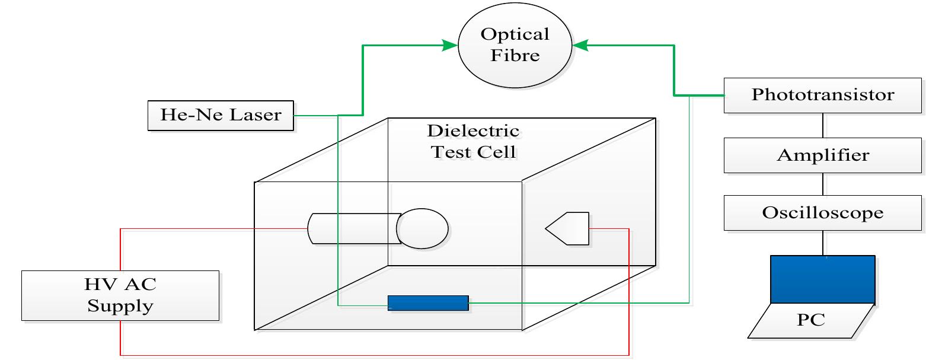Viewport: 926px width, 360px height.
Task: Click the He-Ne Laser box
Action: [x=221, y=115]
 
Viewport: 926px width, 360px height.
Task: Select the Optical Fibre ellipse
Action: [x=514, y=46]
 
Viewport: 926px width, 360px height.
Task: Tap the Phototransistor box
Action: [x=823, y=95]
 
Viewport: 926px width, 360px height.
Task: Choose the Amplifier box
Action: [x=823, y=156]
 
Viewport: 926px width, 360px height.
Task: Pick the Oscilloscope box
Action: [x=823, y=214]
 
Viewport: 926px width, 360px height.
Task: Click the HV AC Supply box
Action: [x=120, y=296]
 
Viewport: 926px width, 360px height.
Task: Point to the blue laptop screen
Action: [x=822, y=279]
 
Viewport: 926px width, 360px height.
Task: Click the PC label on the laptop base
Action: [x=810, y=321]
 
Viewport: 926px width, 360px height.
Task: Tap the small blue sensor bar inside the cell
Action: [x=427, y=302]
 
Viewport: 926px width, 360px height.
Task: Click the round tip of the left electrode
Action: [x=423, y=228]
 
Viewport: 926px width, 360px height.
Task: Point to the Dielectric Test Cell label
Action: [x=473, y=141]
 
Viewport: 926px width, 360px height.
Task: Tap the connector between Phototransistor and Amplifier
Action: [x=823, y=126]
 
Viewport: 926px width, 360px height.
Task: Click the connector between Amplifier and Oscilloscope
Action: [x=823, y=184]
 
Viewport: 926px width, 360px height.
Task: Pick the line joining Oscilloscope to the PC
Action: [x=823, y=243]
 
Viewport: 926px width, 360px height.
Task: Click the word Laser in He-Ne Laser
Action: [x=256, y=115]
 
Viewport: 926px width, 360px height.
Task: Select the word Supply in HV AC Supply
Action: [x=120, y=307]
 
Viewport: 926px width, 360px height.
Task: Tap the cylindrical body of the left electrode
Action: [x=353, y=228]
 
